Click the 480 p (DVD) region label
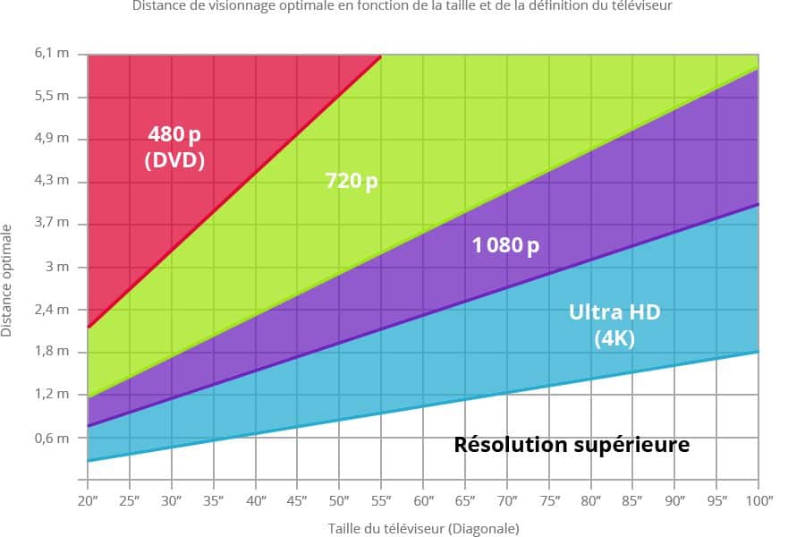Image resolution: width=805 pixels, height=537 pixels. pyautogui.click(x=175, y=148)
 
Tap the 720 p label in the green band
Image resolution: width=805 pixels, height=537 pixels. pyautogui.click(x=351, y=182)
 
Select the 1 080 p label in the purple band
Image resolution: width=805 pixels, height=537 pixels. pyautogui.click(x=505, y=244)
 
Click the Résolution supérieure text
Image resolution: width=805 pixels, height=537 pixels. pyautogui.click(x=572, y=444)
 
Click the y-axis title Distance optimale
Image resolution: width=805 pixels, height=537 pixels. pyautogui.click(x=7, y=279)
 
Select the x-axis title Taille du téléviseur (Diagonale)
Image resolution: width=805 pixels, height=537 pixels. pyautogui.click(x=423, y=528)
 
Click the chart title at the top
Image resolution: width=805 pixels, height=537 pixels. pyautogui.click(x=402, y=5)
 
